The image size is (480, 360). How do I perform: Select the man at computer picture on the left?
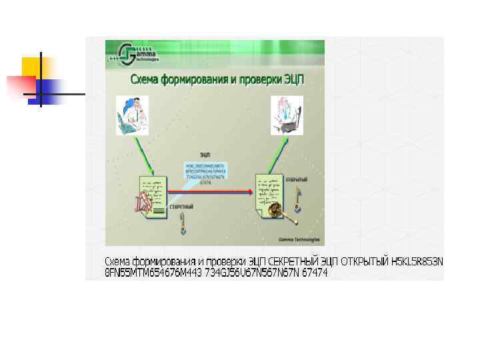point(133,115)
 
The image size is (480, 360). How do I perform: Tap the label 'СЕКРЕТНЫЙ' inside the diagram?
point(181,207)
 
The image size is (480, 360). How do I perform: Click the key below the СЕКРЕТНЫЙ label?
point(182,224)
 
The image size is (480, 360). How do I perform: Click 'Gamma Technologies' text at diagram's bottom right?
point(299,239)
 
